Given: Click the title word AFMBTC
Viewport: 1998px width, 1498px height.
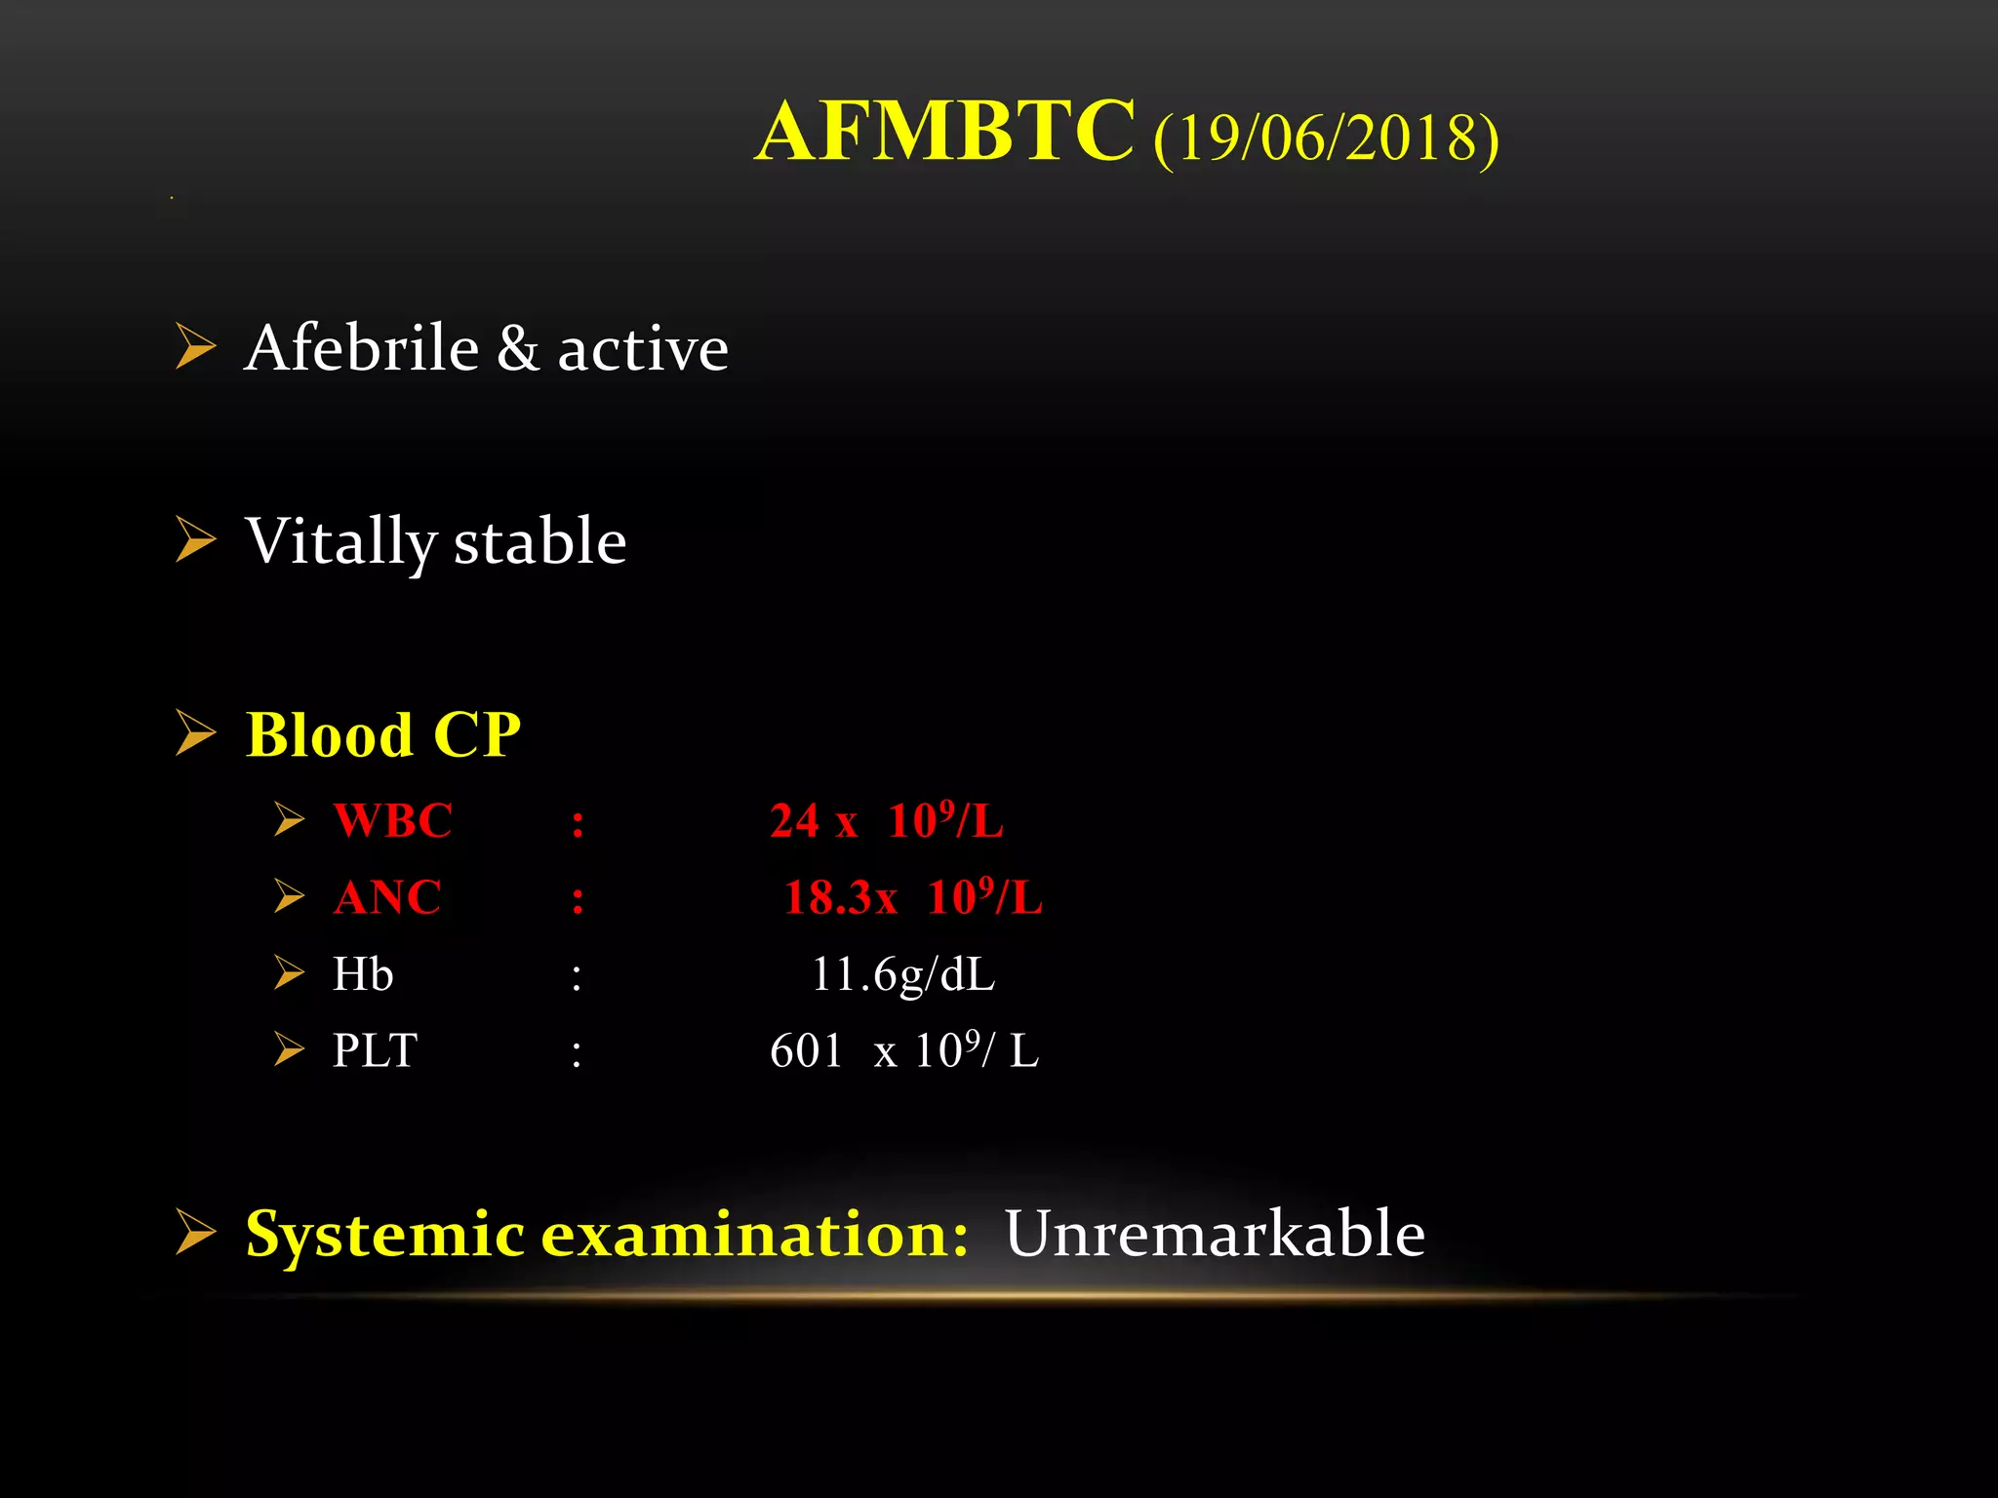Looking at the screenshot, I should coord(944,133).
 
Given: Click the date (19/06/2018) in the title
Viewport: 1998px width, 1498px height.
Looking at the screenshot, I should coord(1325,138).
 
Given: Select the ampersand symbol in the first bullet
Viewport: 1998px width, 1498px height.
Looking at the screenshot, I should coord(517,348).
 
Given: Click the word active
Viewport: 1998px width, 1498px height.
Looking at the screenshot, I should coord(643,350).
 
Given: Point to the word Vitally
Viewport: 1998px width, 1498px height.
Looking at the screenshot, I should coord(340,542).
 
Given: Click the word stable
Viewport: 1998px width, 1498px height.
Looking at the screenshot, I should coord(539,542).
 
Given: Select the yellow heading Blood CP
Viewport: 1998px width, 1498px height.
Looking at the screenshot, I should coord(382,734).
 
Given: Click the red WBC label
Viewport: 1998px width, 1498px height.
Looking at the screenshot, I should coord(392,820).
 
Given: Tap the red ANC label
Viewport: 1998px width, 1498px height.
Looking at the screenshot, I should coord(386,897).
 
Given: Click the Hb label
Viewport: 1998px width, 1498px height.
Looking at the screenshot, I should coord(363,974).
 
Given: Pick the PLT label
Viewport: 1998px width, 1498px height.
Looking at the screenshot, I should coord(375,1051).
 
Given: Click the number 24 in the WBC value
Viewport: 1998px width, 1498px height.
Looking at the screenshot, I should coord(794,821).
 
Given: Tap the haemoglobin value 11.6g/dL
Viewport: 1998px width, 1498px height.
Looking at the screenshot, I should coord(902,974).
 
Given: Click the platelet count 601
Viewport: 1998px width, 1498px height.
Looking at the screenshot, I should coord(806,1051).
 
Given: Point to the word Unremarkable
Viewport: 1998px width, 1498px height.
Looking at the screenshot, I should coord(1215,1234).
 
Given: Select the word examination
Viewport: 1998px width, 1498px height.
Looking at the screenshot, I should coord(754,1235).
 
